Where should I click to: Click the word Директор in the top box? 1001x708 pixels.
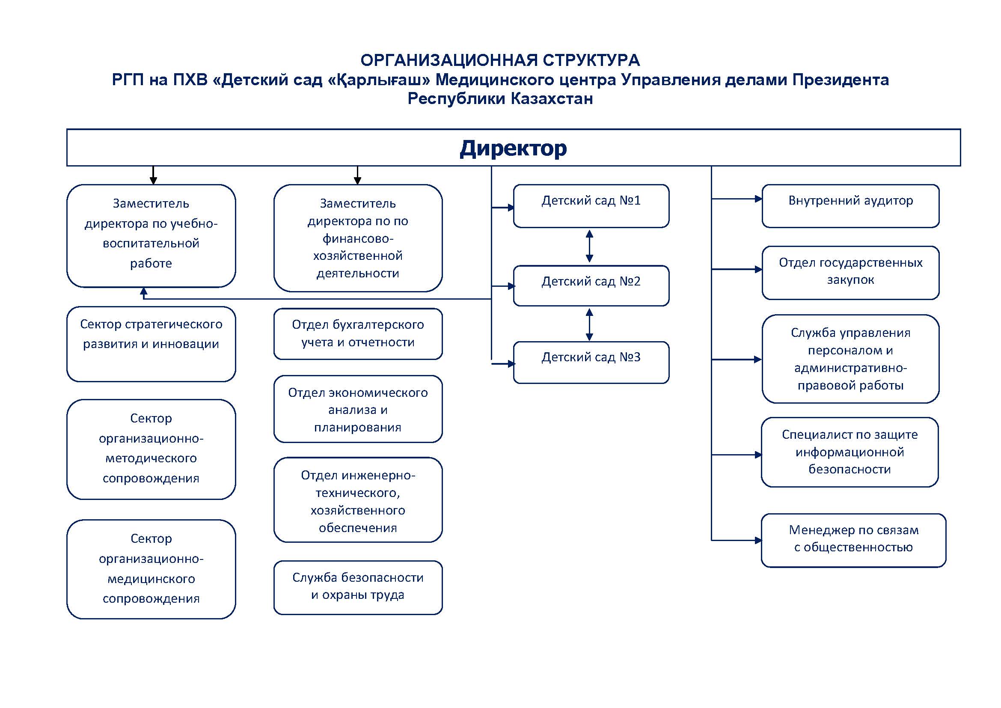513,148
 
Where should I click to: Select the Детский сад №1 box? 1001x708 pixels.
591,206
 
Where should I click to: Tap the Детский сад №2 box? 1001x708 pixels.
591,286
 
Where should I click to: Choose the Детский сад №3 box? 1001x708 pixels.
591,362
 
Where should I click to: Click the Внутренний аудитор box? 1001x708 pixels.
850,206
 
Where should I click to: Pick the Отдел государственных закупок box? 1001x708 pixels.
850,273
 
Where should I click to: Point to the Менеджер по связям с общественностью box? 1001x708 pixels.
853,540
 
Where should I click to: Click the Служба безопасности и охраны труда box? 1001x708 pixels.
357,587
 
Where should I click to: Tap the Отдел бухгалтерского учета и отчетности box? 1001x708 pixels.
357,334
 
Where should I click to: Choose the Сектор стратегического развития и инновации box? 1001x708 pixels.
151,344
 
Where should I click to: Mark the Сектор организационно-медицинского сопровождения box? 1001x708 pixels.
151,569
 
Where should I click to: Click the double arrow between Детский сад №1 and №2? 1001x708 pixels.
589,246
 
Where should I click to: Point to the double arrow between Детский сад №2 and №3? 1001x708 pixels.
589,324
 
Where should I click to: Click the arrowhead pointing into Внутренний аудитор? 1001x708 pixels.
758,199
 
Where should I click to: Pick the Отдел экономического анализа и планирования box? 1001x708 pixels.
357,409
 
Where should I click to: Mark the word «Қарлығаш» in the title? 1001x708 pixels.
378,80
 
